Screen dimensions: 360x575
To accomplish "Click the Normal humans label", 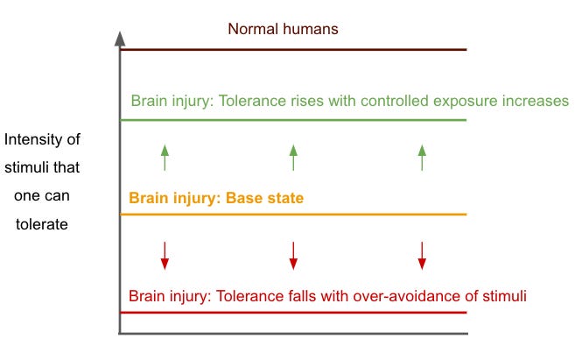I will [x=283, y=29].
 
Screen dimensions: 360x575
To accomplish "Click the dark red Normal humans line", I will [x=293, y=50].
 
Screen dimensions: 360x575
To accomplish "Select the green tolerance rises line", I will [x=293, y=120].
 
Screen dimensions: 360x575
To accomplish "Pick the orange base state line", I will [x=293, y=215].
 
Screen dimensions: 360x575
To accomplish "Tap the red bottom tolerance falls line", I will [x=293, y=312].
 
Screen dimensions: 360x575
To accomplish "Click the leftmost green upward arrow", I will [x=165, y=158].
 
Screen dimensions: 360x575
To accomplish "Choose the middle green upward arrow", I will [x=293, y=158].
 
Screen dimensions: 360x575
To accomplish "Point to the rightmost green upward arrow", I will [x=422, y=158].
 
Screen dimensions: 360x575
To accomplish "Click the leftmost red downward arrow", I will [x=165, y=255].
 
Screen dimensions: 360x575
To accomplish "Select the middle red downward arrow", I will [x=293, y=255].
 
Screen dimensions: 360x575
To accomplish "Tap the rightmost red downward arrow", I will [x=422, y=255].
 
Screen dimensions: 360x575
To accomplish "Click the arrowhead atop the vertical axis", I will [x=120, y=39].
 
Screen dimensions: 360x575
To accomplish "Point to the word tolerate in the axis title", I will [x=43, y=224].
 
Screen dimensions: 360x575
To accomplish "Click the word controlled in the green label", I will [x=376, y=101].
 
